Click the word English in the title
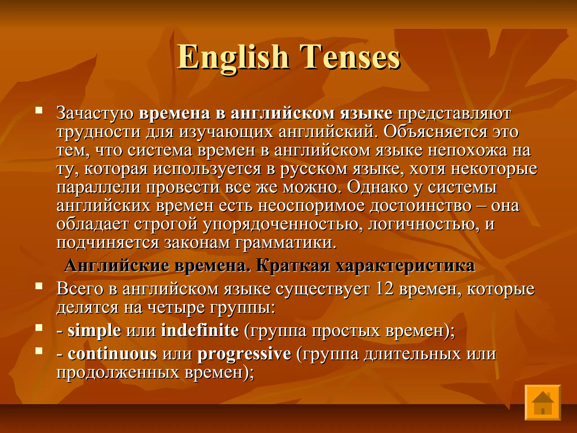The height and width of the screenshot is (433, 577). [233, 57]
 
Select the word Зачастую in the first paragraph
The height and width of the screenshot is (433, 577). [95, 113]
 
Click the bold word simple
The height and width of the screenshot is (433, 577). [94, 330]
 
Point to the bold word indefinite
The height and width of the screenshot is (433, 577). [200, 330]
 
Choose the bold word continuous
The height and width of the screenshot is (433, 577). [112, 354]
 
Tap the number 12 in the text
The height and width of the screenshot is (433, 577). [384, 289]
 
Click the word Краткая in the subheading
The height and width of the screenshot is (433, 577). [293, 266]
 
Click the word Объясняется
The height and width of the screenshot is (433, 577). [435, 132]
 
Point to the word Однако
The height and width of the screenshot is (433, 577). [378, 187]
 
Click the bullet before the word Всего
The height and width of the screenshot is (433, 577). [39, 286]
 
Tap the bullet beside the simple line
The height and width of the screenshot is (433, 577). [39, 327]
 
